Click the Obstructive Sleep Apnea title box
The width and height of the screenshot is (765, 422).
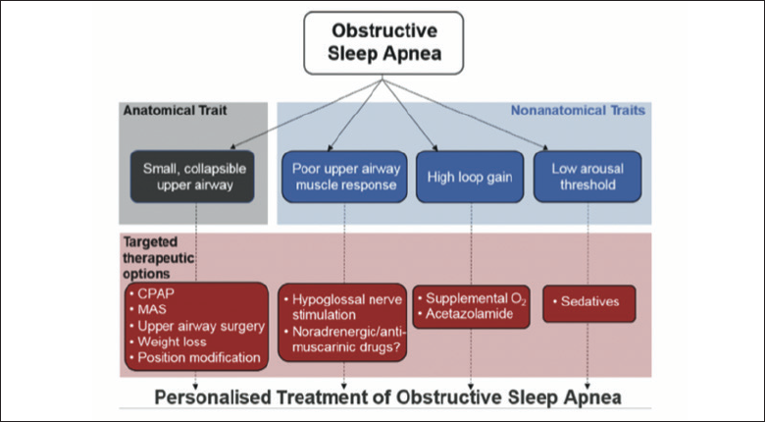click(383, 43)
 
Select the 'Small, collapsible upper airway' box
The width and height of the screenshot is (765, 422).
click(192, 177)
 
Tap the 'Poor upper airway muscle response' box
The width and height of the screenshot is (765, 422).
click(344, 177)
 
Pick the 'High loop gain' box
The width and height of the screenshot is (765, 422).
click(470, 177)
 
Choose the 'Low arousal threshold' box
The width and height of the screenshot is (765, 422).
click(587, 177)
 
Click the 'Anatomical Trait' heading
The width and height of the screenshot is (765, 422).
click(176, 110)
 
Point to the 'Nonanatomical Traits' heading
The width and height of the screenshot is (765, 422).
click(578, 110)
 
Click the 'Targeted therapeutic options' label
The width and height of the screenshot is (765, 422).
click(159, 257)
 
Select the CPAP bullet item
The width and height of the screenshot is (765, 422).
click(152, 293)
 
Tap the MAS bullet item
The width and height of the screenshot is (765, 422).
click(148, 310)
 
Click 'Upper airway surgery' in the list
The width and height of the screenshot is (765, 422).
click(197, 326)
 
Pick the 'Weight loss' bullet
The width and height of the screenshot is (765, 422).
click(169, 342)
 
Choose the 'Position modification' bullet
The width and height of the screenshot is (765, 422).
click(195, 357)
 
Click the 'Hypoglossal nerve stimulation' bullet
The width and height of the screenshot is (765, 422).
click(343, 307)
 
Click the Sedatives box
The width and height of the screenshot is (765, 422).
click(589, 304)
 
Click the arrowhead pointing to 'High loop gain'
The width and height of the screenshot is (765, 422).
click(435, 148)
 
